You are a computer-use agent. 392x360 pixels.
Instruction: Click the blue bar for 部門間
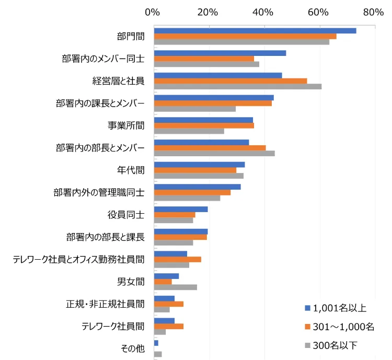[255, 31]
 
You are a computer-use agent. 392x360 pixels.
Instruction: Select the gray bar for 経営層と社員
[237, 86]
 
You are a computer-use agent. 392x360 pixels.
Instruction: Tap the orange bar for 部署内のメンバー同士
[203, 59]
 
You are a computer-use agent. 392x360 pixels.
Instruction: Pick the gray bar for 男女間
[175, 287]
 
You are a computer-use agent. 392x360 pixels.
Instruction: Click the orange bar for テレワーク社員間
[168, 326]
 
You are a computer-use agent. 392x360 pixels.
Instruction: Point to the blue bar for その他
[156, 343]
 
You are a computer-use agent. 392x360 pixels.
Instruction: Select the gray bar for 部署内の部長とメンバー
[214, 153]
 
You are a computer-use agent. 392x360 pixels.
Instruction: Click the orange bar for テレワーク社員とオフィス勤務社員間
[177, 259]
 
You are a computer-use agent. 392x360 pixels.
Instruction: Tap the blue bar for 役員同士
[180, 209]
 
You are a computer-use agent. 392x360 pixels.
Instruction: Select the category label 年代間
[131, 170]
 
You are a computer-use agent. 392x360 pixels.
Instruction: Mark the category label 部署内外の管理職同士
[99, 192]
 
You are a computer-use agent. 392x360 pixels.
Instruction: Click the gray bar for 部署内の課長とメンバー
[194, 109]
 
